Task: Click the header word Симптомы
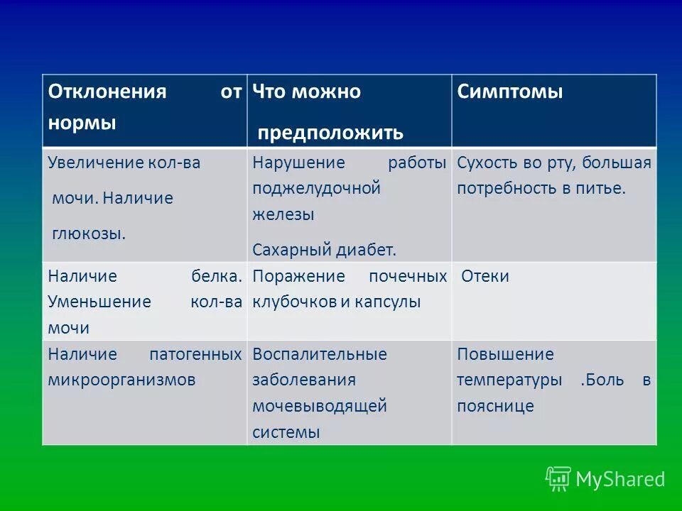509,92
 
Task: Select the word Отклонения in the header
107,92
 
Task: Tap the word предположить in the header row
330,133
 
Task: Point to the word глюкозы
88,233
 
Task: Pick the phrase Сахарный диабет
324,250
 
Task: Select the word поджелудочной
317,189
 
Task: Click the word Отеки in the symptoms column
485,276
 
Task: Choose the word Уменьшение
99,302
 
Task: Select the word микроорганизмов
121,380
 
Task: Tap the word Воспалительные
320,354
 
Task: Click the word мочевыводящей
320,406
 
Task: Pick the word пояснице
495,406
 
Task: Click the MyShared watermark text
620,480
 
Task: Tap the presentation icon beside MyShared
558,478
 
